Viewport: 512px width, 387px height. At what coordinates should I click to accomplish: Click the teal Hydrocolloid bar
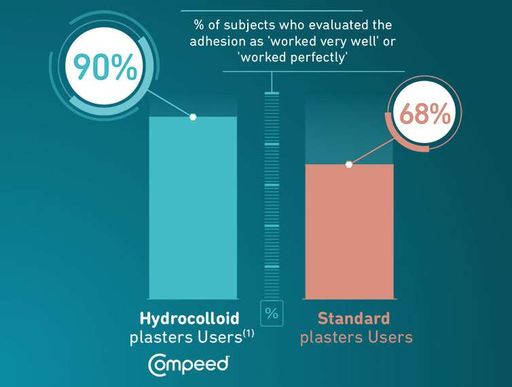point(193,207)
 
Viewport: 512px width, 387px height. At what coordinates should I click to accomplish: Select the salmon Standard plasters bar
point(350,232)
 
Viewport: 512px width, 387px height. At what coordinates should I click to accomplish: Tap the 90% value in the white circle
point(105,66)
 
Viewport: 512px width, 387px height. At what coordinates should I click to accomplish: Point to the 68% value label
point(425,113)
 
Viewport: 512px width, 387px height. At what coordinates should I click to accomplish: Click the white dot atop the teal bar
point(193,117)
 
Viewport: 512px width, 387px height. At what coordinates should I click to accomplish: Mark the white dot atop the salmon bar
point(349,165)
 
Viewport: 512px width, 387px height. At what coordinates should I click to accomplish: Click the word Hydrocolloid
point(189,318)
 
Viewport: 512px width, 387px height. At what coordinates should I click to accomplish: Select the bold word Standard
point(354,318)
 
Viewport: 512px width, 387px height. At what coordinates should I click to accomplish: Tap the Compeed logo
point(188,365)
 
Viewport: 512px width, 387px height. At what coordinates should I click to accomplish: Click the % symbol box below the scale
point(272,313)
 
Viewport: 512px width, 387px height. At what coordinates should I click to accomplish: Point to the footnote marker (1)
point(249,334)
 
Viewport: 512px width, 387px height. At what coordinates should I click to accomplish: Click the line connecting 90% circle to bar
point(169,103)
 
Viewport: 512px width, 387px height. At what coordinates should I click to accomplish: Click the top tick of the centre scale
point(272,94)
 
